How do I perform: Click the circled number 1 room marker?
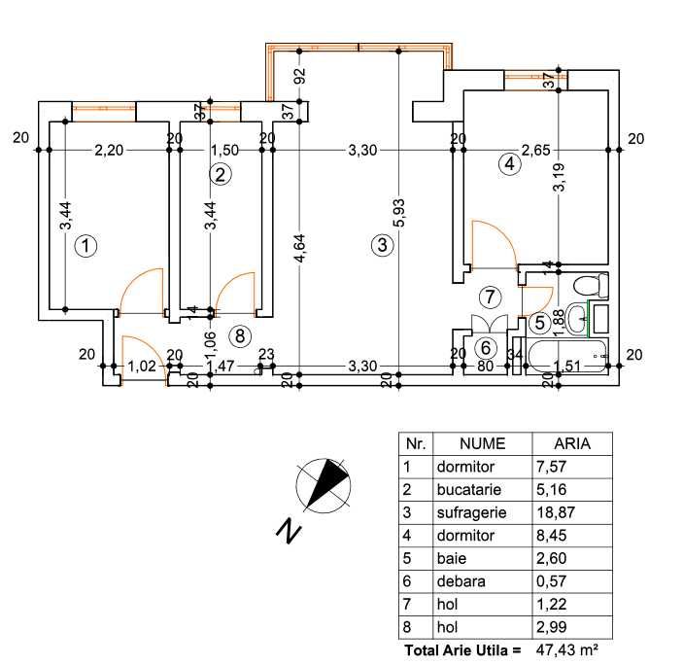point(85,246)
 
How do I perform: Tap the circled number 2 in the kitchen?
point(221,175)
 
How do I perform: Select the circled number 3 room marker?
point(382,245)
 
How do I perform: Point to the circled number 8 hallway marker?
point(240,336)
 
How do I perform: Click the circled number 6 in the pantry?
point(486,348)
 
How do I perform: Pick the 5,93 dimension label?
point(399,213)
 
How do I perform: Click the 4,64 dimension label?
point(299,248)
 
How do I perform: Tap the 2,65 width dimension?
point(536,151)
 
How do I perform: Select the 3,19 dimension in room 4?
point(559,177)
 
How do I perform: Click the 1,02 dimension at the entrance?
point(142,367)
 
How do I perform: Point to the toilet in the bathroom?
point(591,286)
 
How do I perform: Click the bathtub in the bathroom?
point(566,356)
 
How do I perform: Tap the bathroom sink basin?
point(578,318)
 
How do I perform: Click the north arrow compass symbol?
point(324,485)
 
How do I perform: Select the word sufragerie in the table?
point(471,512)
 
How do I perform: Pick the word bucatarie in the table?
point(468,490)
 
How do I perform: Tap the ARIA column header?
point(572,443)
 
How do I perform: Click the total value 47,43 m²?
point(566,650)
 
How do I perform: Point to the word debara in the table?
point(461,581)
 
